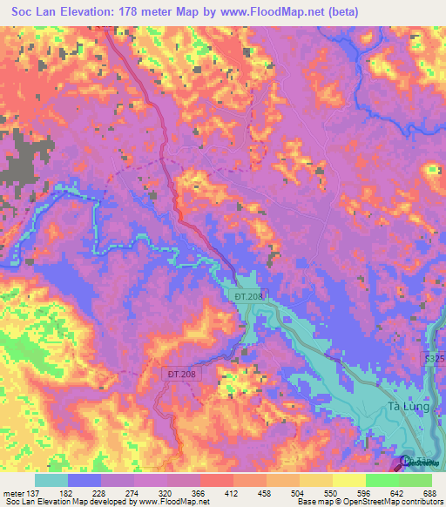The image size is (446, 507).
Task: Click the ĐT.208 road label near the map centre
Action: tap(247, 296)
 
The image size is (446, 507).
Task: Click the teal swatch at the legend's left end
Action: tap(51, 480)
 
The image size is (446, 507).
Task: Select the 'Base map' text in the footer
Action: tap(311, 501)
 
